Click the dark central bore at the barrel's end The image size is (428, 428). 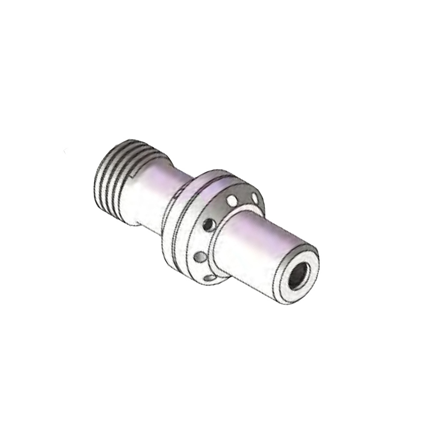(297, 276)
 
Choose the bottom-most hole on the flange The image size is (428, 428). (210, 278)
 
